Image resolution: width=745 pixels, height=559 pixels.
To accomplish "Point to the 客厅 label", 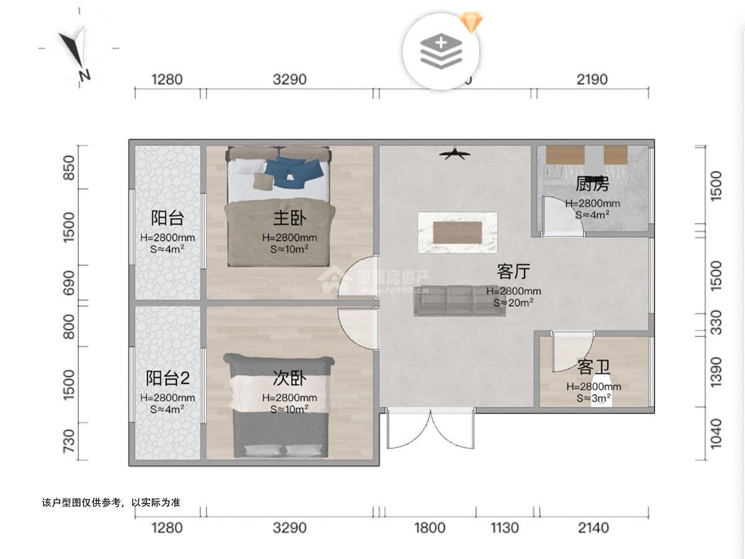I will pos(513,271).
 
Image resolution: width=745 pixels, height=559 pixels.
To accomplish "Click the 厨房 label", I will pos(592,184).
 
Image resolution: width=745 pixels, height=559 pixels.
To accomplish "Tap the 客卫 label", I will pos(594,368).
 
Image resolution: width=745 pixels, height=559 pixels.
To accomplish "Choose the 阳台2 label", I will pos(167,379).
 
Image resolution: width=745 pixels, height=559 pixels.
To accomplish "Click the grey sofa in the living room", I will pos(460,301).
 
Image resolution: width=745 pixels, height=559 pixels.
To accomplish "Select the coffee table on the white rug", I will pos(458,232).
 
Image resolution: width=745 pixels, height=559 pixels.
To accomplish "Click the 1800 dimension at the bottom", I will pos(430,528).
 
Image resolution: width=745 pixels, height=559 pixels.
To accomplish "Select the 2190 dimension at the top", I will pos(592,80).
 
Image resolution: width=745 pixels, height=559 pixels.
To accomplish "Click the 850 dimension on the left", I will pos(70,167).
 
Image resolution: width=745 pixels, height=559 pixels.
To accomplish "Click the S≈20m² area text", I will pos(513,302).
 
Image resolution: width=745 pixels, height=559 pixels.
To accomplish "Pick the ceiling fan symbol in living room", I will pos(457,153).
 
